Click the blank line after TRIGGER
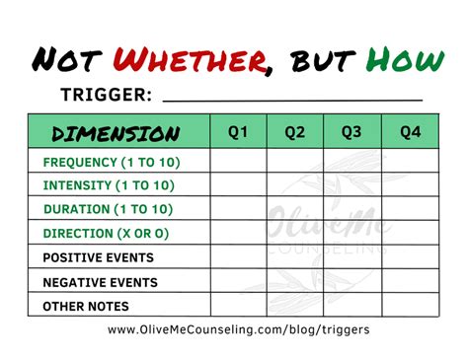click(291, 97)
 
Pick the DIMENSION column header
click(116, 133)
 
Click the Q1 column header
click(238, 131)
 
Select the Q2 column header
click(295, 131)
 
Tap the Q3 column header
click(352, 131)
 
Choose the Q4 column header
click(411, 131)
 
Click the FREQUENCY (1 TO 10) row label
click(111, 161)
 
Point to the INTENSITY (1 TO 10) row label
click(109, 184)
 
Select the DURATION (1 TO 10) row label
click(107, 209)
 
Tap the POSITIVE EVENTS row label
click(98, 257)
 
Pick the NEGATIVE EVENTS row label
click(100, 281)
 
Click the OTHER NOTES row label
click(86, 306)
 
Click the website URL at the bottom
click(239, 330)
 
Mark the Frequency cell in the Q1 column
click(238, 161)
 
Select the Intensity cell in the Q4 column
click(411, 184)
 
